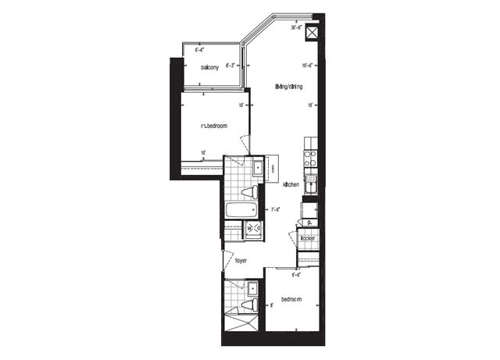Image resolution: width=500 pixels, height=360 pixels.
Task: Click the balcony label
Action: [209, 67]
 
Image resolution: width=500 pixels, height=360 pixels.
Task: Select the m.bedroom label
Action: [213, 126]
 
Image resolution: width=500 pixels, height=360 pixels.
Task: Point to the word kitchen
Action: [291, 184]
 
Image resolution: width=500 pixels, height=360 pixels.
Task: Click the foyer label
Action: [241, 261]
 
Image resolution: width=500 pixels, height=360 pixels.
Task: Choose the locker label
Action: [307, 237]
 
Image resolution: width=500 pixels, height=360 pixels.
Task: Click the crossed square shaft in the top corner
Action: [312, 34]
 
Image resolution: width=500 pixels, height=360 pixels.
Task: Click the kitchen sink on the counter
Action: [311, 185]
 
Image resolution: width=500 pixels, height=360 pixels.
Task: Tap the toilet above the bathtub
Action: [248, 191]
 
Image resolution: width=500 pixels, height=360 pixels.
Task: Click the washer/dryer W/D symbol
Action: [254, 228]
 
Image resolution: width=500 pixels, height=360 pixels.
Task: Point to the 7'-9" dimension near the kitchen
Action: [275, 209]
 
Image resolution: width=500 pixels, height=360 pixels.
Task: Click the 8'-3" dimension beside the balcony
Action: [231, 66]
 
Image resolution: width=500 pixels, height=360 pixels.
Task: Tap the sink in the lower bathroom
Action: [233, 289]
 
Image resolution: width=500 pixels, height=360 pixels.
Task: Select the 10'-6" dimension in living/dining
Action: [308, 66]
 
